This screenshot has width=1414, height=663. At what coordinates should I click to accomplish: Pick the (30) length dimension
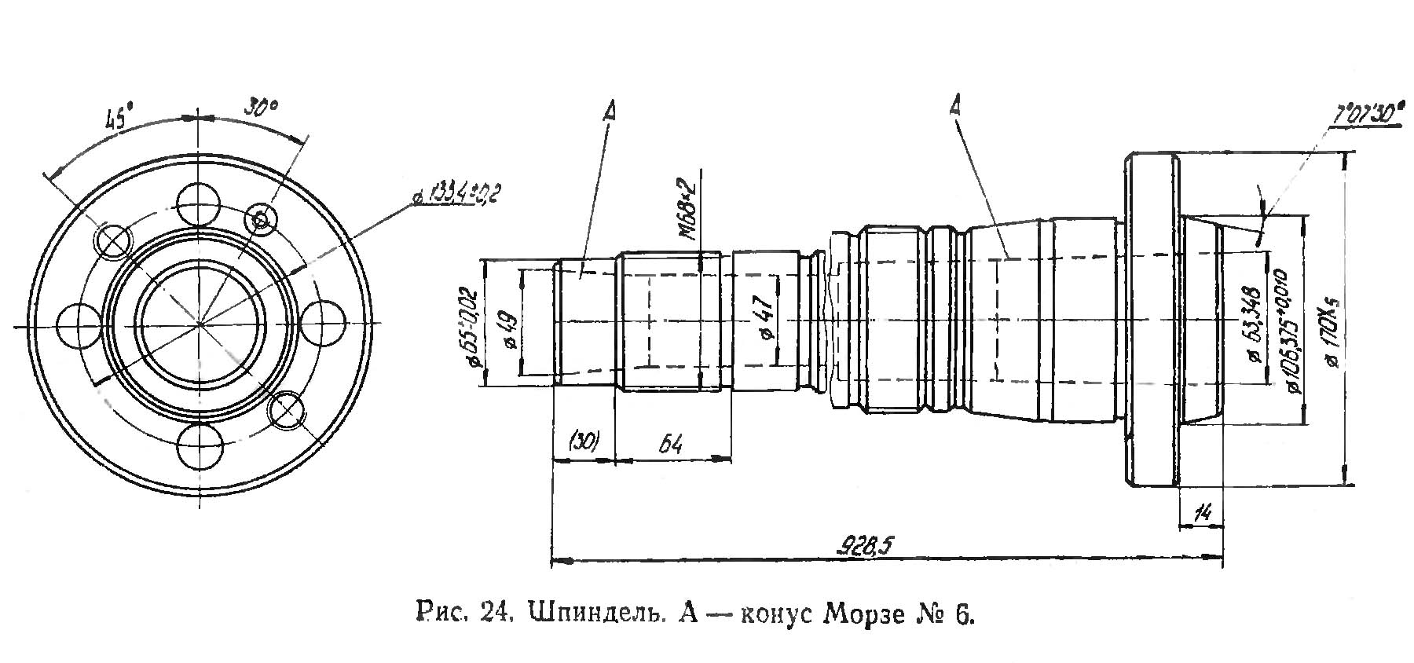tap(584, 442)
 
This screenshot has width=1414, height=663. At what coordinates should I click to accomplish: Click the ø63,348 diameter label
tap(1254, 324)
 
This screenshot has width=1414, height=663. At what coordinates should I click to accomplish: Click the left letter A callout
tap(609, 111)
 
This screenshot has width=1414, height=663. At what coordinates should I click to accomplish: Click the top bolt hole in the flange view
tap(198, 204)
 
